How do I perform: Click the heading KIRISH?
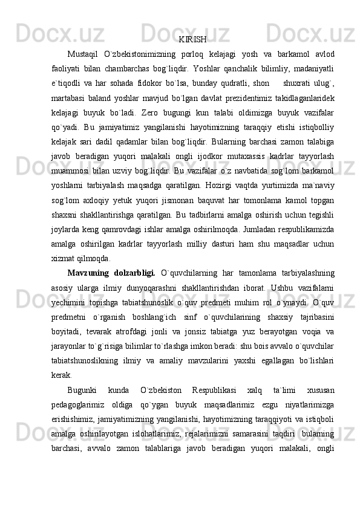click(x=192, y=40)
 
